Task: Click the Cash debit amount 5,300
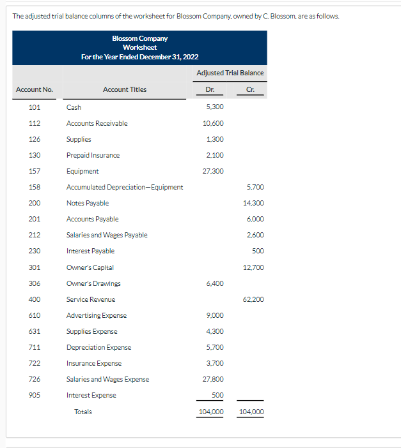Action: pyautogui.click(x=216, y=107)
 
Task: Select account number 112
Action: pyautogui.click(x=35, y=123)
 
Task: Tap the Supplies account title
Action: pyautogui.click(x=79, y=139)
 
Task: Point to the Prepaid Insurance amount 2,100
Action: pyautogui.click(x=216, y=155)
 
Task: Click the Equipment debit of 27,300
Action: pyautogui.click(x=213, y=171)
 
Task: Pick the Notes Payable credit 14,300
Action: pyautogui.click(x=254, y=203)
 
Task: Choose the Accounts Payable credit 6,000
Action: pyautogui.click(x=255, y=219)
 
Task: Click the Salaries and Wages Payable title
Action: pyautogui.click(x=107, y=235)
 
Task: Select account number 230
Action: pyautogui.click(x=35, y=251)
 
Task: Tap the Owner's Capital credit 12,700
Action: pyautogui.click(x=254, y=267)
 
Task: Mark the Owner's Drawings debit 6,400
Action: pyautogui.click(x=216, y=283)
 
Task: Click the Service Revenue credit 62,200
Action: pyautogui.click(x=254, y=299)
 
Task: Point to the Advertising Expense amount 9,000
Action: pyautogui.click(x=216, y=315)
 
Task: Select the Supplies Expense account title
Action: pyautogui.click(x=91, y=331)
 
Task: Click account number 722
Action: pyautogui.click(x=35, y=363)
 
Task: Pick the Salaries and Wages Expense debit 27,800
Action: pyautogui.click(x=213, y=379)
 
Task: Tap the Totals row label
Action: pyautogui.click(x=83, y=412)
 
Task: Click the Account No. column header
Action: pyautogui.click(x=35, y=89)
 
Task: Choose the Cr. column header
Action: pyautogui.click(x=250, y=89)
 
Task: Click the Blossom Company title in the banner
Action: pyautogui.click(x=139, y=38)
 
